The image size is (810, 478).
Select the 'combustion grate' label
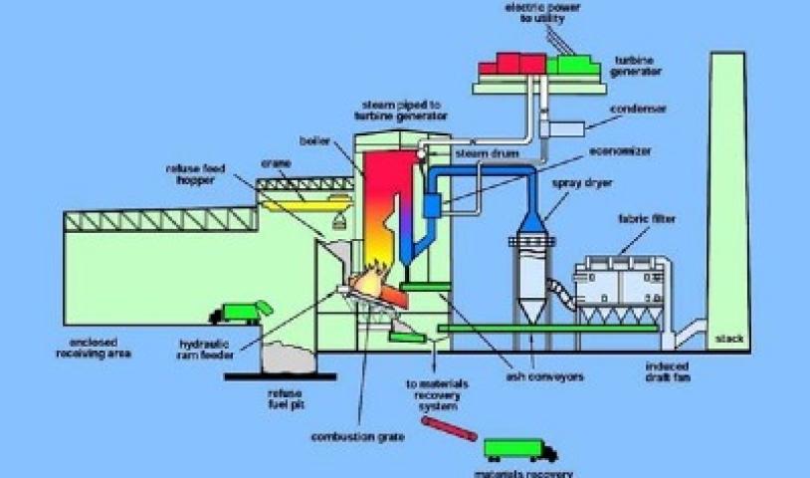tap(343, 436)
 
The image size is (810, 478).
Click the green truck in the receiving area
tap(245, 312)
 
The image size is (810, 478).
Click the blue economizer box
tap(433, 207)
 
